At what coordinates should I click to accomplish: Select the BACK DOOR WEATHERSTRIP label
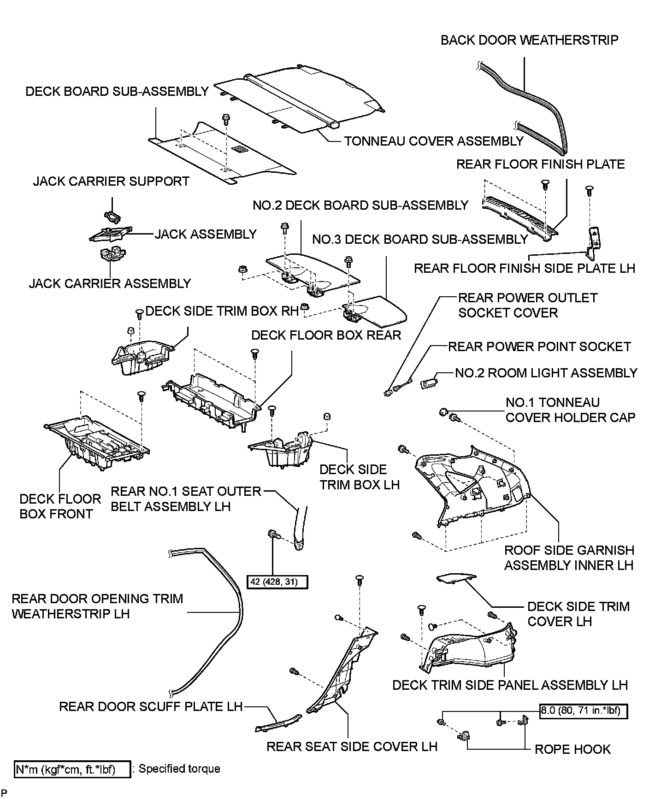coord(529,40)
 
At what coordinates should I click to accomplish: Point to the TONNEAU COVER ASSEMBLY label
coord(434,141)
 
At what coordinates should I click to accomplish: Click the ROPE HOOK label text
coord(572,749)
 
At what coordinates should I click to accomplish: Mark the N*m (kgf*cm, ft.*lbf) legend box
coord(72,769)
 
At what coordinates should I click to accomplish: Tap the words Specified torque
coord(179,769)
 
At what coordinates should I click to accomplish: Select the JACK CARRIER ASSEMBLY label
coord(110,283)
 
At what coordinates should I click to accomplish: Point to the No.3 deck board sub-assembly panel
coord(378,309)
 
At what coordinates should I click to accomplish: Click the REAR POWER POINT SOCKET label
coord(539,347)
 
